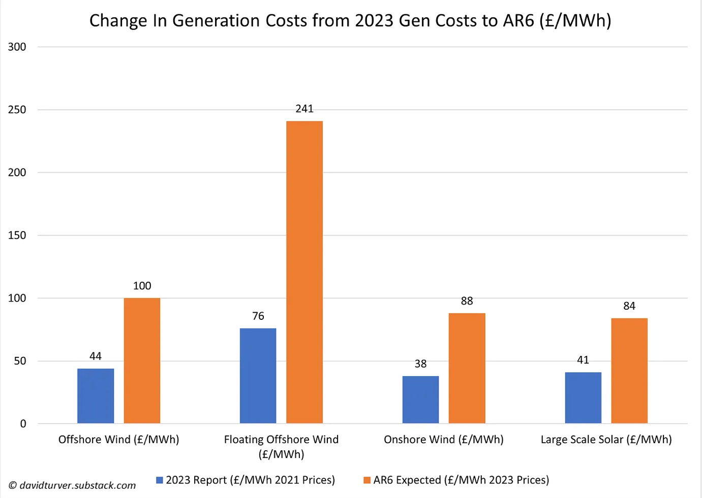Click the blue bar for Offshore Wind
[96, 396]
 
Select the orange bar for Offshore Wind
[142, 360]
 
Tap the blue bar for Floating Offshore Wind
[258, 376]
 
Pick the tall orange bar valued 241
[304, 272]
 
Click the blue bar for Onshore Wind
[420, 400]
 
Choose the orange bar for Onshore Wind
[467, 368]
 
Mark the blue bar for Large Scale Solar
[583, 397]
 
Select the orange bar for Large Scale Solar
[629, 371]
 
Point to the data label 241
[304, 109]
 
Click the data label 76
[258, 316]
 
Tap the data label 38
[420, 364]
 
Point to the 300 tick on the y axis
[17, 47]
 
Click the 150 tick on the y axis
[17, 236]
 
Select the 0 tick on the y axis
[23, 424]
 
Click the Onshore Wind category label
[443, 440]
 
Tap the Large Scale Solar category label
[606, 440]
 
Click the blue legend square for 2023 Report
[160, 480]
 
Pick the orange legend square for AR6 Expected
[367, 480]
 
